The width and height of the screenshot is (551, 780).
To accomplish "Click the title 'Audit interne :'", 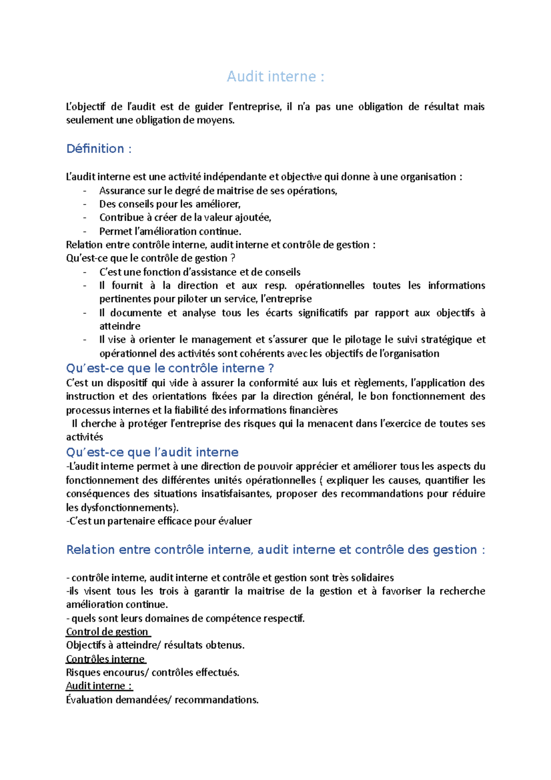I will pyautogui.click(x=275, y=76).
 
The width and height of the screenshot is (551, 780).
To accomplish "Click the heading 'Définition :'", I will pyautogui.click(x=99, y=149).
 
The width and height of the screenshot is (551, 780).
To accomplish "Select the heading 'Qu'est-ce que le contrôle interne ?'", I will pyautogui.click(x=170, y=368).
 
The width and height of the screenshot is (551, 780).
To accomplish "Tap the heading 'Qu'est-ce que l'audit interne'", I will pyautogui.click(x=152, y=452).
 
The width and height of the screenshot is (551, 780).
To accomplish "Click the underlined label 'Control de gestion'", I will pyautogui.click(x=107, y=632).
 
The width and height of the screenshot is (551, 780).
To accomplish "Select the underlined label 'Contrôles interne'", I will pyautogui.click(x=105, y=659).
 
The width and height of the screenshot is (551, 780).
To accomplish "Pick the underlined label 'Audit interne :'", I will pyautogui.click(x=99, y=686).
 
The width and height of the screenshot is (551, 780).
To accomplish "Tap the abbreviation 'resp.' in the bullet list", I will pyautogui.click(x=275, y=286).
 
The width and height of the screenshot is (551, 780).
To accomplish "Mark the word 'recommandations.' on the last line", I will pyautogui.click(x=216, y=700).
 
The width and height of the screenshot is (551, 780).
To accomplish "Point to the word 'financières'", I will pyautogui.click(x=313, y=410).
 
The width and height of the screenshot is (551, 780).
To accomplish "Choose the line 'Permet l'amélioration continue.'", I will pyautogui.click(x=170, y=232).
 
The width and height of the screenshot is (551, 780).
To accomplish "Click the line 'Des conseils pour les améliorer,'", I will pyautogui.click(x=170, y=204).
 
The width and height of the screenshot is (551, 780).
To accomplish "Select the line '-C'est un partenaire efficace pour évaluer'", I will pyautogui.click(x=159, y=521).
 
